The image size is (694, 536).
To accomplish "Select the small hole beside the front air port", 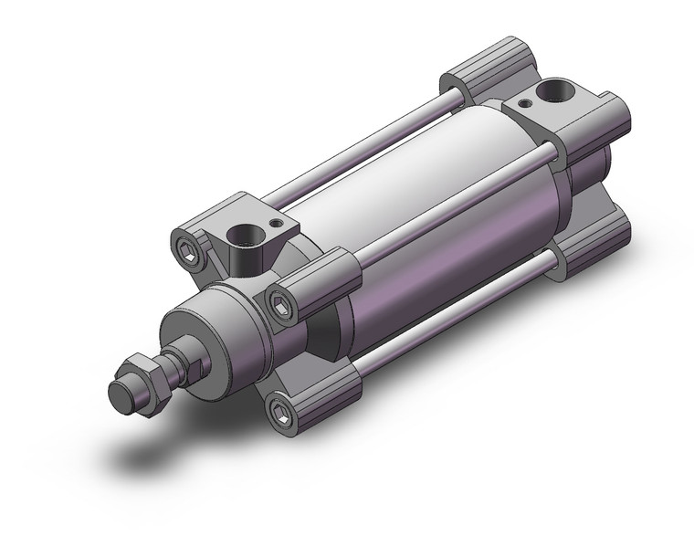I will (274, 222).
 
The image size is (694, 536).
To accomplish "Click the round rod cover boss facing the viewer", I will (205, 329).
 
